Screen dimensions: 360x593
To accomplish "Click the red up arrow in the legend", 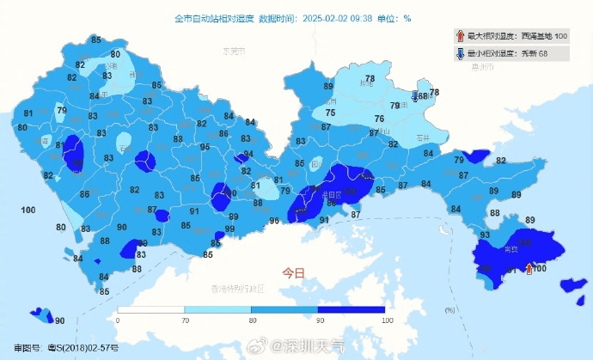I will [461, 36].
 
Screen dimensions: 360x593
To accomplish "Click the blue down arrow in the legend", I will [461, 53].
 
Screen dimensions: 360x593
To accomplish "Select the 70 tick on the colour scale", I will [185, 320].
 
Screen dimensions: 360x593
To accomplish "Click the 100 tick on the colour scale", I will [387, 320].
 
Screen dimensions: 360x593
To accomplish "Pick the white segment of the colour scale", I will [151, 308].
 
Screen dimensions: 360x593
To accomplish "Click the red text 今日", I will [294, 272].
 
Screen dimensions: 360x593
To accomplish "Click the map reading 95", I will [205, 147].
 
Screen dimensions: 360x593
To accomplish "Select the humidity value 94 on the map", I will [248, 155].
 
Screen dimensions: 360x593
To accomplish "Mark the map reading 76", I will [378, 119].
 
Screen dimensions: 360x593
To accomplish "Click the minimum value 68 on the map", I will [423, 95].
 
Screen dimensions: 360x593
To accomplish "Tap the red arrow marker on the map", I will [529, 269].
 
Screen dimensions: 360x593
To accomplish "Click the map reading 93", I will [485, 235].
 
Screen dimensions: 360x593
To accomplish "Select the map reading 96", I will [274, 221].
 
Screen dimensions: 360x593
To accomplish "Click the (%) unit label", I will [449, 309].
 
